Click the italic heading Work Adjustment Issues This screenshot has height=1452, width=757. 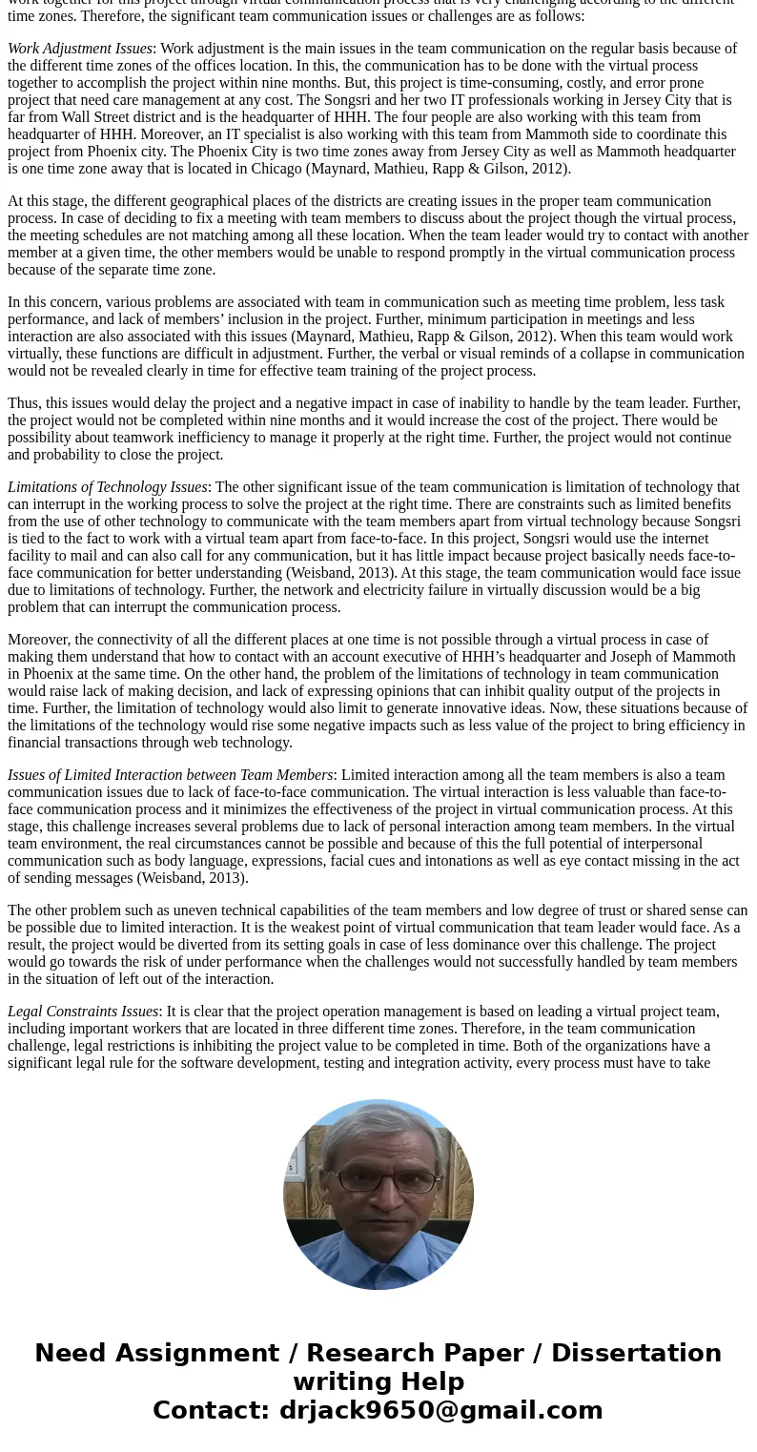(80, 49)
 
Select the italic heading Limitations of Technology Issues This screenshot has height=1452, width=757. (107, 487)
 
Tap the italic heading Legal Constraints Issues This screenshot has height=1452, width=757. (83, 1012)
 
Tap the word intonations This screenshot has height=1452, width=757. (514, 861)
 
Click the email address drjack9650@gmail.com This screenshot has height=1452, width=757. (440, 1411)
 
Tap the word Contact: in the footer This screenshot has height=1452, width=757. (211, 1411)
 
